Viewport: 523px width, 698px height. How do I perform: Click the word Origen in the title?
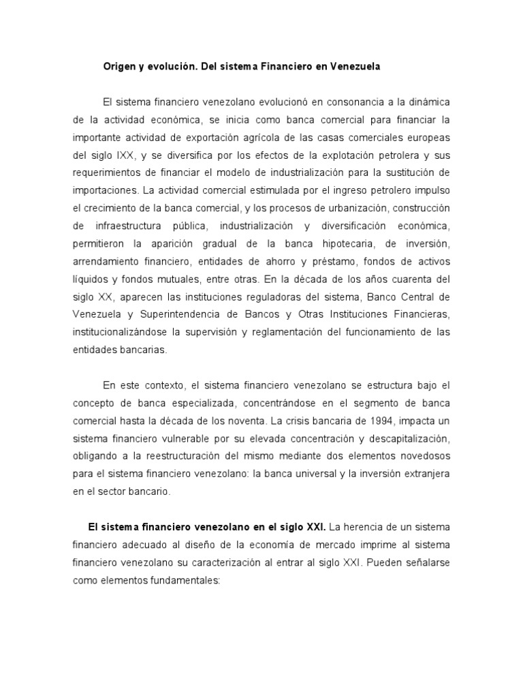[x=119, y=67]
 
